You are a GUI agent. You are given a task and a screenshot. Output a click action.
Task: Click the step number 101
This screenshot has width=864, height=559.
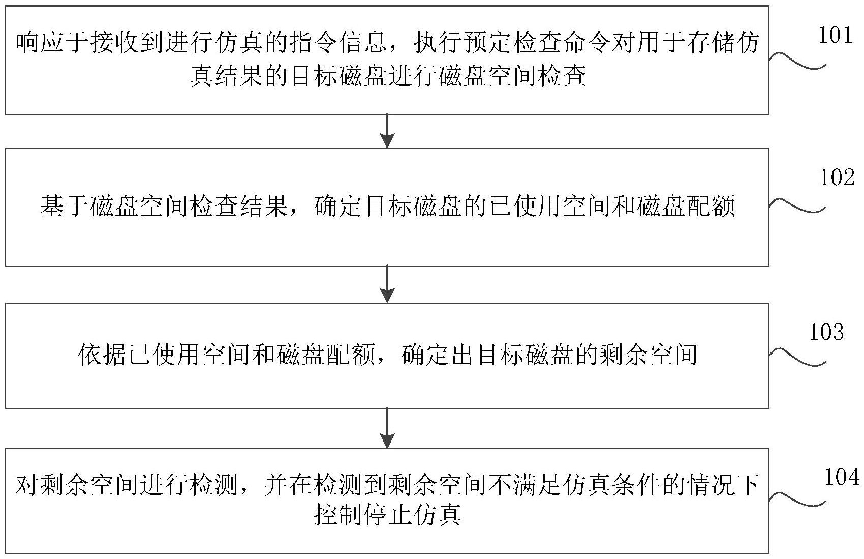tap(835, 36)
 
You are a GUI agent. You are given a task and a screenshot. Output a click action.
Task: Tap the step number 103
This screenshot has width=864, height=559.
tap(826, 332)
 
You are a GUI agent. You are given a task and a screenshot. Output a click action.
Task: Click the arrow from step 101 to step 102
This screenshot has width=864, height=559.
tap(387, 131)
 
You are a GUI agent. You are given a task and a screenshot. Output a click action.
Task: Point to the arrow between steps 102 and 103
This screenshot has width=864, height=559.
tap(387, 284)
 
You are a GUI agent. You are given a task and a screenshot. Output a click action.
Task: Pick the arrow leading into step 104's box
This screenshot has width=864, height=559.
tap(387, 428)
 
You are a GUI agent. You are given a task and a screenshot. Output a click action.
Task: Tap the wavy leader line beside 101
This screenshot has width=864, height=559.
tap(797, 61)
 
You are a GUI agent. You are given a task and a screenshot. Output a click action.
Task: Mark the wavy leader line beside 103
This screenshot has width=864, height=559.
tap(797, 357)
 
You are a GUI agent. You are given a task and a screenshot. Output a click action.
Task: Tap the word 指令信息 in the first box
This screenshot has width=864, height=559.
tap(338, 42)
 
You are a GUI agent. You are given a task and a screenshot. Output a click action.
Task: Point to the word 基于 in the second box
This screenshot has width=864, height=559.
tap(65, 206)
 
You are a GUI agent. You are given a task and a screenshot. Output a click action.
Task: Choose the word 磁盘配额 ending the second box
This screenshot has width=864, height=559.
tap(686, 206)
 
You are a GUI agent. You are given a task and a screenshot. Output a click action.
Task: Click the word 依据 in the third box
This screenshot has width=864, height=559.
tap(102, 355)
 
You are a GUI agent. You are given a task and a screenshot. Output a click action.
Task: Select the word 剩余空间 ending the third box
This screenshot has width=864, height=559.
tap(649, 355)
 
